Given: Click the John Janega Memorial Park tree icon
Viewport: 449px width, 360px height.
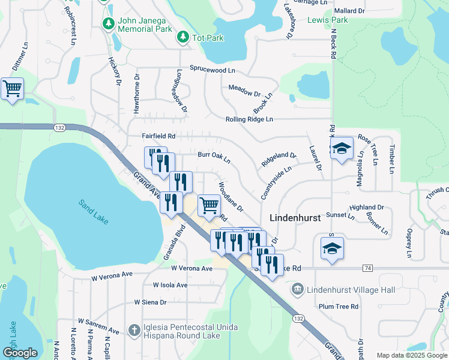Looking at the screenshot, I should tap(109, 24).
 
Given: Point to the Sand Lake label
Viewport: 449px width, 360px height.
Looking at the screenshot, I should tap(93, 212).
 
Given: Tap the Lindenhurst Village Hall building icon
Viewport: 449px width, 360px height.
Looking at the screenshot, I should tap(297, 290).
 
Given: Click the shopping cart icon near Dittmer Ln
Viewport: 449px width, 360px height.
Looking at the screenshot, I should tap(12, 89).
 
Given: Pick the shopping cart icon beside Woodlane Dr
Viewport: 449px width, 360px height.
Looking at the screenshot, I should tap(209, 205).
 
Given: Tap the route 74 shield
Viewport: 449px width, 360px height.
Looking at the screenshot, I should tap(367, 268).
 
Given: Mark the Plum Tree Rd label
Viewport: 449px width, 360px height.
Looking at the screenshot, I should tap(339, 306).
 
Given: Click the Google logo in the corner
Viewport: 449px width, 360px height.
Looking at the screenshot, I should tap(19, 352).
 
